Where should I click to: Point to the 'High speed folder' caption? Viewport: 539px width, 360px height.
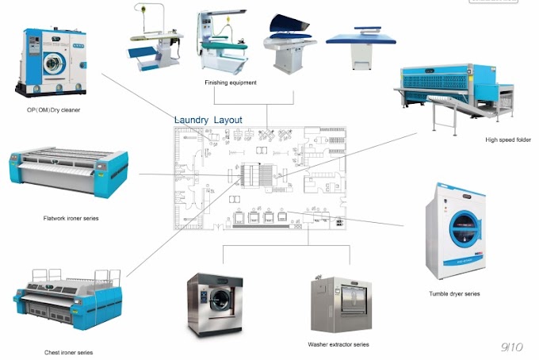click(507, 140)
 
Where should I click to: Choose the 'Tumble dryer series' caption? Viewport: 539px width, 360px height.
click(454, 293)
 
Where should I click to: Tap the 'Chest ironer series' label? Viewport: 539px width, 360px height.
click(69, 351)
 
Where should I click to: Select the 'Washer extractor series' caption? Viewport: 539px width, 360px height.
click(338, 344)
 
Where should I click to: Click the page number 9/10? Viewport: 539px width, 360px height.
click(511, 347)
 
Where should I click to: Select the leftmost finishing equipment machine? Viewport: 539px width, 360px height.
click(154, 40)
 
